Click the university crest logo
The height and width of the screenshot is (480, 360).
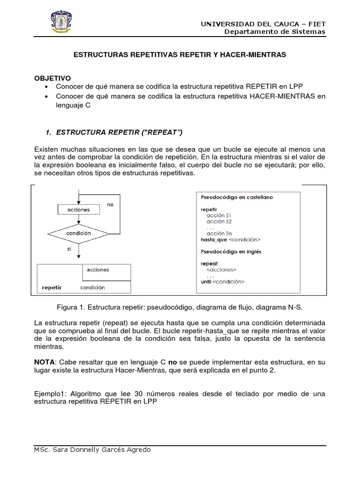pyautogui.click(x=60, y=22)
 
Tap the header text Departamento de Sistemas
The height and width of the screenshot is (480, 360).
pyautogui.click(x=275, y=32)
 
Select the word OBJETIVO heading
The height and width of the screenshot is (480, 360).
pyautogui.click(x=52, y=78)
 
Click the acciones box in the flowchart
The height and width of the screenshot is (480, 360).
pyautogui.click(x=79, y=209)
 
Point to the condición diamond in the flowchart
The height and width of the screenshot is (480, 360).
pyautogui.click(x=79, y=232)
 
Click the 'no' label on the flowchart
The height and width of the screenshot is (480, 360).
pyautogui.click(x=111, y=205)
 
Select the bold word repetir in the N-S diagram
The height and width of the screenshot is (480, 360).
pyautogui.click(x=52, y=287)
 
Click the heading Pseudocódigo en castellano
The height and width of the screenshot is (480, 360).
pyautogui.click(x=236, y=197)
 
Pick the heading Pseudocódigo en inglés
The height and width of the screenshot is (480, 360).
pyautogui.click(x=231, y=252)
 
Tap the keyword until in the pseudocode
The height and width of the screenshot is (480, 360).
pyautogui.click(x=206, y=282)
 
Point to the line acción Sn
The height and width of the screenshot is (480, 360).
pyautogui.click(x=219, y=233)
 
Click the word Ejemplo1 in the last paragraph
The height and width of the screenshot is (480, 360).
pyautogui.click(x=50, y=394)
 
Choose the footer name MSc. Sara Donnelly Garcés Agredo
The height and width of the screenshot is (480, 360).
pyautogui.click(x=93, y=450)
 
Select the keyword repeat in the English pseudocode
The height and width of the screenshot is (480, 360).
pyautogui.click(x=209, y=264)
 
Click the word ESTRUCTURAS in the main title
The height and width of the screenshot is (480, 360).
pyautogui.click(x=99, y=55)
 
